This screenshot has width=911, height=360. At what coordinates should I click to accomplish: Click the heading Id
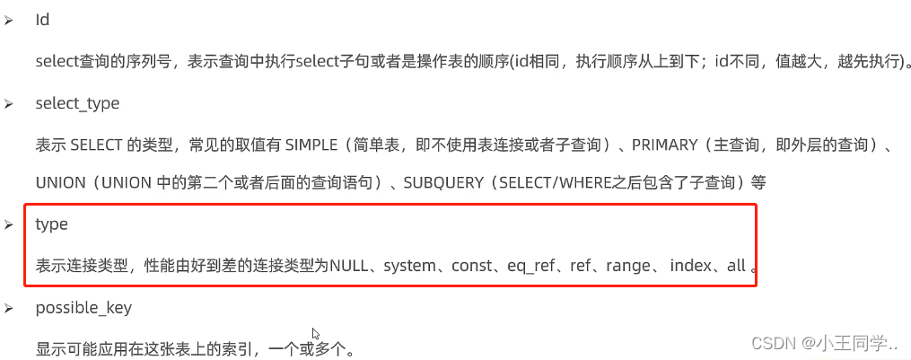coord(42,20)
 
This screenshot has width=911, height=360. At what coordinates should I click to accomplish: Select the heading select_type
coord(77,103)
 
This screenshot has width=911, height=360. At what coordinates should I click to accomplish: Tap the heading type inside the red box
coord(51,224)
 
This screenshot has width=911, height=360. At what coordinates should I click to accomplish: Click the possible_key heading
coord(83,308)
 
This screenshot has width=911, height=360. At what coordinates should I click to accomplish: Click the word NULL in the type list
coord(350,266)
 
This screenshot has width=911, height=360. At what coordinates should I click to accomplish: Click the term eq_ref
coord(530,266)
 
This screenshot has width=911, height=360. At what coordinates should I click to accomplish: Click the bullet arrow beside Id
coord(9,21)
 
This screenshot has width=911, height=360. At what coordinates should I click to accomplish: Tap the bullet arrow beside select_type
coord(9,104)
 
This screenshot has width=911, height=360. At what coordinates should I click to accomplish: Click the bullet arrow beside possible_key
coord(9,309)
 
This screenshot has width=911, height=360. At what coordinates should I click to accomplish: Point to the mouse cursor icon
coord(316,334)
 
